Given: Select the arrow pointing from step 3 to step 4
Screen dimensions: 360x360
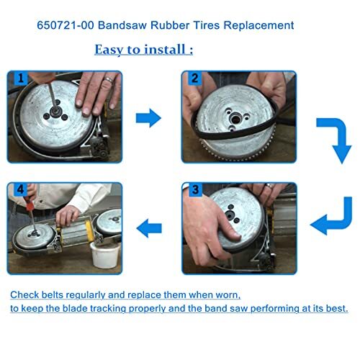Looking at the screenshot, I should coord(149,228).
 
